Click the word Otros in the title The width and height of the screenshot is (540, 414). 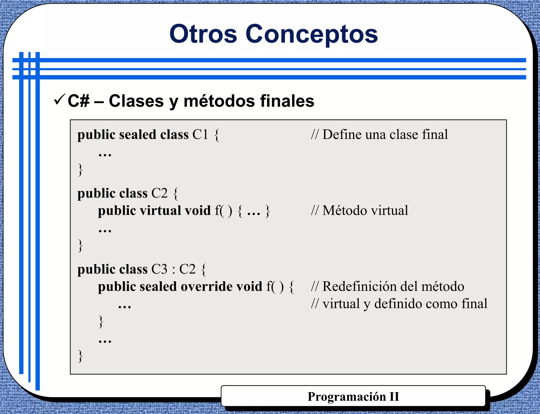pos(203,34)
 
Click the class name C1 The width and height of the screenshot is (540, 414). pos(200,134)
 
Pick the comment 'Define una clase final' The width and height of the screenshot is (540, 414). pos(380,134)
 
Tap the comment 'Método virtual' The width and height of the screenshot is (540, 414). pos(360,211)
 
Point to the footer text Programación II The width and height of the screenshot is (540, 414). pos(353,397)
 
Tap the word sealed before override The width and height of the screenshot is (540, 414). pos(158,287)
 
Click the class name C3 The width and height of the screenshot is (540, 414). pos(159,269)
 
